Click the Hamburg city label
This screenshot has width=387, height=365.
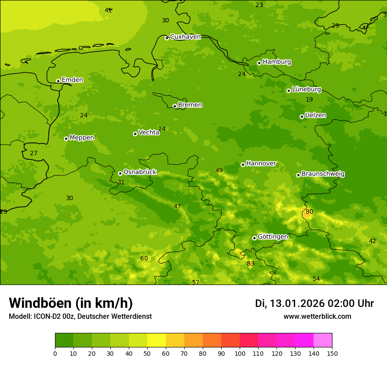[x=277, y=62]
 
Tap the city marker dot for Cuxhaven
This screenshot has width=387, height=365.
[x=167, y=38]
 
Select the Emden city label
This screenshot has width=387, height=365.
[x=72, y=80]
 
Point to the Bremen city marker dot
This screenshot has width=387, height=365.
[x=175, y=106]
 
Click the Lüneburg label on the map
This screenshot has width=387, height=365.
[x=306, y=89]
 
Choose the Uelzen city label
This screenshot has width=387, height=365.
[x=315, y=115]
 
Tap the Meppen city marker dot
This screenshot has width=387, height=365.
[x=66, y=139]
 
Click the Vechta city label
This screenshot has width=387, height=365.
[x=149, y=132]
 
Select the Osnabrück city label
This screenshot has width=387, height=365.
[x=139, y=172]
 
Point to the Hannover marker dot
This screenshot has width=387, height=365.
[x=243, y=164]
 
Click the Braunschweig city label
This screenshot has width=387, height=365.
[x=323, y=174]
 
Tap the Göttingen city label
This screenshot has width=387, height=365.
[x=273, y=237]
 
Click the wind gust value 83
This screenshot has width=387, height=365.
[x=250, y=264]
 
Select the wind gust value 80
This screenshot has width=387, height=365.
[x=310, y=212]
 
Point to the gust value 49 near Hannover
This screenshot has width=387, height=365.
[x=219, y=171]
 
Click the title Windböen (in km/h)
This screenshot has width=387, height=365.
[x=71, y=303]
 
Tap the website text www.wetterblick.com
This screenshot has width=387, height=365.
[x=317, y=317]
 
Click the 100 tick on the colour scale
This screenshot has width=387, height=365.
[x=240, y=353]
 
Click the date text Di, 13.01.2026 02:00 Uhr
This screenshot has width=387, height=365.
[x=314, y=303]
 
